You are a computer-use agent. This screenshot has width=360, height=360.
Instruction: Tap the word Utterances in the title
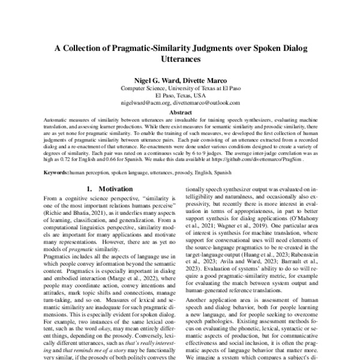(180, 61)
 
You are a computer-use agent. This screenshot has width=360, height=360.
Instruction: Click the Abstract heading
(180, 112)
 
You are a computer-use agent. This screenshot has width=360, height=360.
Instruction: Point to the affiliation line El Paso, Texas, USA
(180, 95)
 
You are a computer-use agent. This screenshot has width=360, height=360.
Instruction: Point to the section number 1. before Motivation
(89, 189)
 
